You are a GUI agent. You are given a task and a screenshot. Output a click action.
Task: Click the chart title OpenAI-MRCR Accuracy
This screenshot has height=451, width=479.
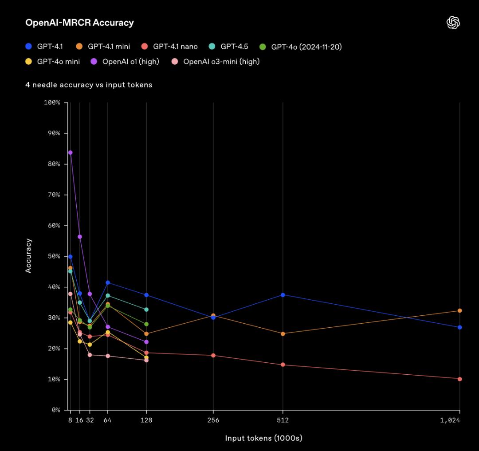point(79,23)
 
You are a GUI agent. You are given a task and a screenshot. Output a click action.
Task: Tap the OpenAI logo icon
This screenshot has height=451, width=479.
point(453,23)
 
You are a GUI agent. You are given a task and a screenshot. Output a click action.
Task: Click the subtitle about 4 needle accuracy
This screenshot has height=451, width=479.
point(89,85)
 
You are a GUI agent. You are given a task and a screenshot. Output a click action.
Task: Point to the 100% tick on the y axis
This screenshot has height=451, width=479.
point(52,102)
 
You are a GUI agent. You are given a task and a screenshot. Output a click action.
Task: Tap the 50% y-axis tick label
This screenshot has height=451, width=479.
point(54,256)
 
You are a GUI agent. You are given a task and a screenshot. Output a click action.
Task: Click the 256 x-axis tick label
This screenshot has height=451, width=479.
point(213,420)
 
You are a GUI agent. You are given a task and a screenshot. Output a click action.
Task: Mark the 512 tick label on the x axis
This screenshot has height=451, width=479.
point(283,420)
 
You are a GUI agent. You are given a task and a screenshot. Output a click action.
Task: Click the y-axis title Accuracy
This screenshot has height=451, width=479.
point(29,255)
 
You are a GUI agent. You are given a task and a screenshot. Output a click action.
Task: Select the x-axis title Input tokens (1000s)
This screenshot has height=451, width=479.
point(263,438)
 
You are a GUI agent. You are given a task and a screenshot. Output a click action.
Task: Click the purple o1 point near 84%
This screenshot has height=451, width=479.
point(70,153)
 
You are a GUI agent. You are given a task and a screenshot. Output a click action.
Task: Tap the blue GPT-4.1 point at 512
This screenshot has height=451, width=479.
point(283,295)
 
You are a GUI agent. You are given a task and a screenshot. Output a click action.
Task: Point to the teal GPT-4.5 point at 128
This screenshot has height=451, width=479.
point(146,310)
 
